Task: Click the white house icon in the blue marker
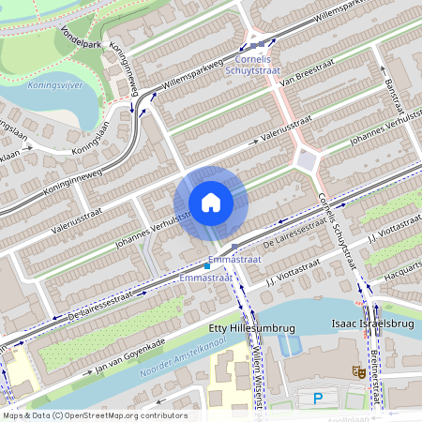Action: [x=211, y=203]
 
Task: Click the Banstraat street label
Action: [x=386, y=98]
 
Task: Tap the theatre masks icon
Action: [x=356, y=371]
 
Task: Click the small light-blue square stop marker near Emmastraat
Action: [x=206, y=267]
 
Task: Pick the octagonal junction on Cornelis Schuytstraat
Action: [x=306, y=161]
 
